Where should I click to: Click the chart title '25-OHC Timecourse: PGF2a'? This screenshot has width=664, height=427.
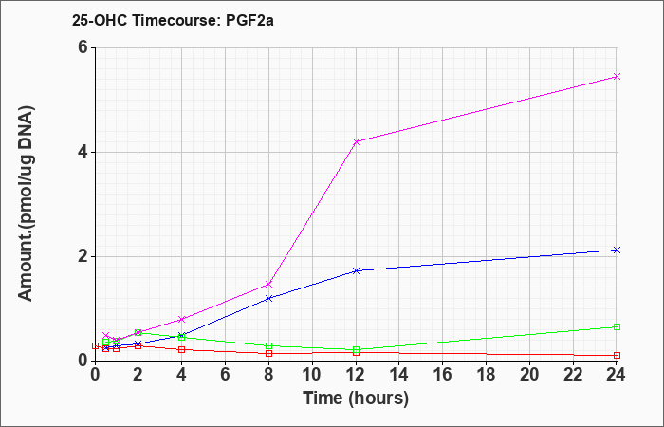coord(173,20)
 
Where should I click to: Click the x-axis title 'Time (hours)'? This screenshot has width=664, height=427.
coord(356,399)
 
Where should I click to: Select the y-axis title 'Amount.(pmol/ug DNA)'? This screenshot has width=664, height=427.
coord(27,203)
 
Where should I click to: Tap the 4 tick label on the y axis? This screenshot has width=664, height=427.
coord(84,152)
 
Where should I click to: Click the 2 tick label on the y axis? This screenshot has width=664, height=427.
coord(84,256)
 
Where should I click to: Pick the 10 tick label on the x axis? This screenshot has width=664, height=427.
coord(312,375)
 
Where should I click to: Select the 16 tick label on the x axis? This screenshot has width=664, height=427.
coord(443,375)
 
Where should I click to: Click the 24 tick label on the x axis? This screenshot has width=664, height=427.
coord(617,375)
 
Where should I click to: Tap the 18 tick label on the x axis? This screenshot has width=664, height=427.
coord(486,375)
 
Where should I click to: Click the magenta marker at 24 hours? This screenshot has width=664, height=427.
coord(617,76)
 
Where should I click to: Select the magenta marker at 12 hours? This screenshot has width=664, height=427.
coord(356,141)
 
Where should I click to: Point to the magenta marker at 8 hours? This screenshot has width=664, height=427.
coord(268,284)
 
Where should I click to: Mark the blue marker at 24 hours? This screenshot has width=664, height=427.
coord(617,250)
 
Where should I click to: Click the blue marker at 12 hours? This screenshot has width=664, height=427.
coord(356,270)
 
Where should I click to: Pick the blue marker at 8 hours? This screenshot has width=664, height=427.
coord(268,298)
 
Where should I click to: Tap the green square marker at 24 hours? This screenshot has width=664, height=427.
coord(617,326)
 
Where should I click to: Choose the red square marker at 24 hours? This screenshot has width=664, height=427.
coord(617,356)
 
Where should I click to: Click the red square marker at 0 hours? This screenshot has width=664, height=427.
coord(95,345)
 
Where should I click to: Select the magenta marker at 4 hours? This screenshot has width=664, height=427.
coord(182,319)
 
